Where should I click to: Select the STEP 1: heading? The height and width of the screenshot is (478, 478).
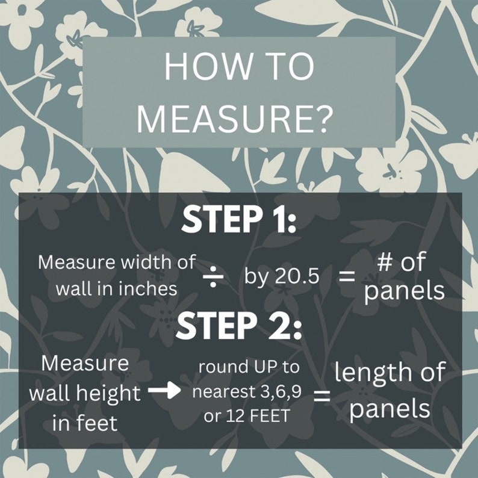click(x=238, y=219)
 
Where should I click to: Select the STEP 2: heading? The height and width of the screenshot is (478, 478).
click(x=238, y=325)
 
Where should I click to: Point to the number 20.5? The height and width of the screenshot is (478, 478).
click(x=297, y=276)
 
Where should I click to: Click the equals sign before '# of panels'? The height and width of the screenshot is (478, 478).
click(x=347, y=277)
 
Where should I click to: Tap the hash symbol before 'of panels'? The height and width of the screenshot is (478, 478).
click(x=385, y=262)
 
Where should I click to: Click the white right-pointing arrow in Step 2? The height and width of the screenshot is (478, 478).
click(x=164, y=391)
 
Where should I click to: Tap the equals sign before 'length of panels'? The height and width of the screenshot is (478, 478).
click(x=322, y=396)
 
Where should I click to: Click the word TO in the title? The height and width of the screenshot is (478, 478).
click(x=291, y=67)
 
